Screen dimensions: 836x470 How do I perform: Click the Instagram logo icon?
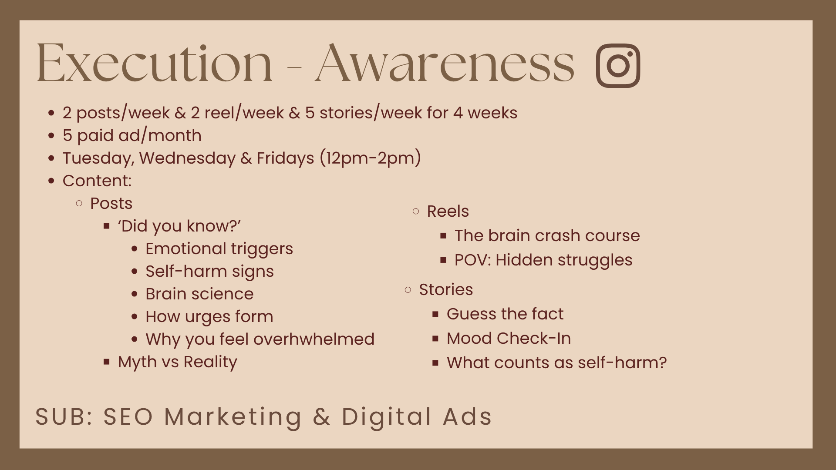pyautogui.click(x=618, y=65)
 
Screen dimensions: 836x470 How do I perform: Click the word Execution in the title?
pyautogui.click(x=155, y=63)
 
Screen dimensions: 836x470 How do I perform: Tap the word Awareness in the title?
pyautogui.click(x=445, y=63)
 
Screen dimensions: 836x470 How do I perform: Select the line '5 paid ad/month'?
pyautogui.click(x=132, y=135)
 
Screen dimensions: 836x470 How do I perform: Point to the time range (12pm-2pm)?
pyautogui.click(x=371, y=158)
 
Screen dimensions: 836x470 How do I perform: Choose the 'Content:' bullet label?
pyautogui.click(x=97, y=181)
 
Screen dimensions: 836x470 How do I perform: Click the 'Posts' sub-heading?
pyautogui.click(x=111, y=203)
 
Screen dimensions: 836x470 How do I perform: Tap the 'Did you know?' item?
pyautogui.click(x=179, y=226)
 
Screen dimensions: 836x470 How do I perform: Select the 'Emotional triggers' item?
pyautogui.click(x=219, y=249)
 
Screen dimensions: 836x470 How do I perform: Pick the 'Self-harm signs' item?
pyautogui.click(x=209, y=272)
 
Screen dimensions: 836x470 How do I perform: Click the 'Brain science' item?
pyautogui.click(x=199, y=294)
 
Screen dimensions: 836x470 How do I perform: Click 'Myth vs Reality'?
pyautogui.click(x=177, y=362)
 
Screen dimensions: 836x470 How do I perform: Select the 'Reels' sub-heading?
pyautogui.click(x=448, y=211)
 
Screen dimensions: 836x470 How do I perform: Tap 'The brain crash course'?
pyautogui.click(x=547, y=235)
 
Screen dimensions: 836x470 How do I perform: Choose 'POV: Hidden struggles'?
pyautogui.click(x=543, y=260)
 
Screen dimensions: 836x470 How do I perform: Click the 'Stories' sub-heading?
pyautogui.click(x=446, y=289)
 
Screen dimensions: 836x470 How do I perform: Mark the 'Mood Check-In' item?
pyautogui.click(x=509, y=338)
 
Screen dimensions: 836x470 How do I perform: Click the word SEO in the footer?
pyautogui.click(x=128, y=416)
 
